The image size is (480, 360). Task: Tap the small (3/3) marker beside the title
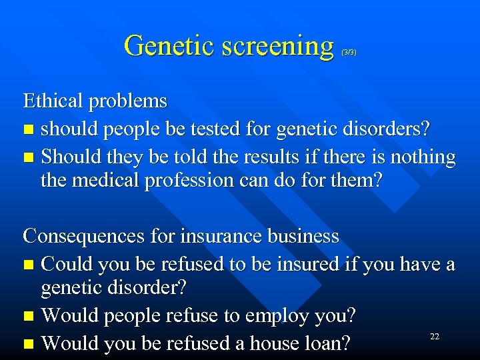[349, 51]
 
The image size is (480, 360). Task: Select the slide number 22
[435, 337]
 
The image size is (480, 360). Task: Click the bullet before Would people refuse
[27, 315]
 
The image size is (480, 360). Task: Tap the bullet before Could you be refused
[27, 265]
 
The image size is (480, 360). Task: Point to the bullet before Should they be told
[27, 157]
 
